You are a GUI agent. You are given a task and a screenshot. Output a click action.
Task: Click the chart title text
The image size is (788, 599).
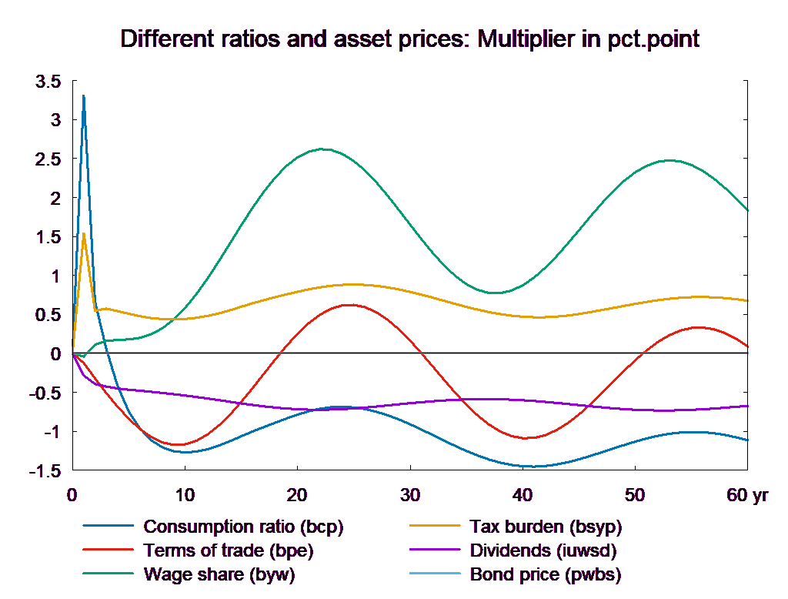[409, 39]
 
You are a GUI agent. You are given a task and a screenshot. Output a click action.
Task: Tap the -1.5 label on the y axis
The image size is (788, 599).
[45, 471]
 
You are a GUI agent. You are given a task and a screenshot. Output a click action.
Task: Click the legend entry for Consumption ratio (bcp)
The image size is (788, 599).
[243, 527]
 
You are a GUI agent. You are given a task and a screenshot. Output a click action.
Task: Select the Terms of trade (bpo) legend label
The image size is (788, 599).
[229, 550]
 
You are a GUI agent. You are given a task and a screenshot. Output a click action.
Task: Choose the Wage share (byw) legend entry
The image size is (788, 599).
[219, 574]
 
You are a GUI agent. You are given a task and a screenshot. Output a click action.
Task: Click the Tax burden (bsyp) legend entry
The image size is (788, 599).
[545, 527]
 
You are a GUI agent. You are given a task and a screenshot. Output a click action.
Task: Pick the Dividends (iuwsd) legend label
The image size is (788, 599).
[543, 550]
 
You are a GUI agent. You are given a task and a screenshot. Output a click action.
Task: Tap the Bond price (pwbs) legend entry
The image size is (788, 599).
[545, 574]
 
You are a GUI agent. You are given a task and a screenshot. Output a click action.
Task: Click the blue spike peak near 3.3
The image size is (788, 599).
[84, 95]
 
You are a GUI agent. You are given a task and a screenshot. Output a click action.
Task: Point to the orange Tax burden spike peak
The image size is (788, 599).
[84, 233]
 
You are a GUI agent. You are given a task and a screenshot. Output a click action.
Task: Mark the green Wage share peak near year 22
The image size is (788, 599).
[322, 149]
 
